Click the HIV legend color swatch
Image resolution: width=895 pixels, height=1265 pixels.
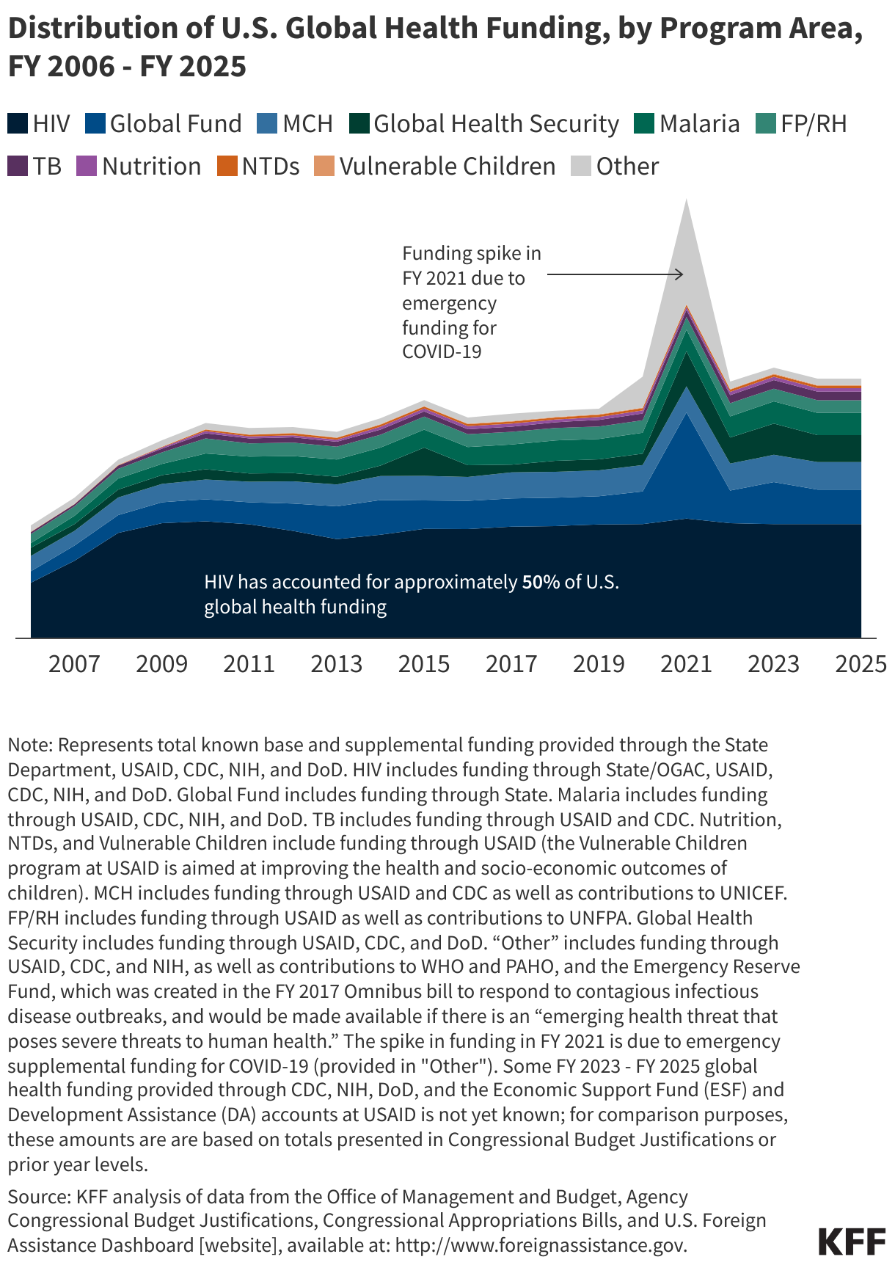pyautogui.click(x=18, y=123)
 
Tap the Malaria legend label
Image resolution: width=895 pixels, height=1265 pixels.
pyautogui.click(x=699, y=123)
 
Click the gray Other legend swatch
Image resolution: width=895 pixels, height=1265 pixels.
pyautogui.click(x=581, y=166)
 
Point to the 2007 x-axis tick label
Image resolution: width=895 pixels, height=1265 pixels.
pyautogui.click(x=74, y=664)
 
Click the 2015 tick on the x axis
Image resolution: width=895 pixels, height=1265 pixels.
pyautogui.click(x=423, y=664)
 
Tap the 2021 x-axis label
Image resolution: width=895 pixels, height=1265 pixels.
pyautogui.click(x=686, y=664)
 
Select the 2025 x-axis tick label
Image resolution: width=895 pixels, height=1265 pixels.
pyautogui.click(x=861, y=664)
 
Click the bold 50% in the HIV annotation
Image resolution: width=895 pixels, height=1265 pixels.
pyautogui.click(x=541, y=582)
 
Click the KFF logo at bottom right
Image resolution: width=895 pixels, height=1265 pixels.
pyautogui.click(x=851, y=1242)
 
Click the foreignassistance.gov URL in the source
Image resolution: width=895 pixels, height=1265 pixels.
pyautogui.click(x=541, y=1245)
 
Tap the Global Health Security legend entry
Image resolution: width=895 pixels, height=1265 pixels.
pyautogui.click(x=496, y=123)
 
